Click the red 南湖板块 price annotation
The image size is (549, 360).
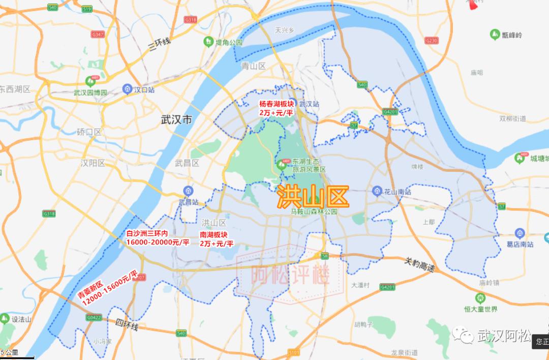(216, 239)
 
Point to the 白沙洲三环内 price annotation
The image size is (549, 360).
(157, 238)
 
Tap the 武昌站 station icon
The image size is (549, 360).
(188, 191)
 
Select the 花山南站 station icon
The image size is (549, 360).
(377, 191)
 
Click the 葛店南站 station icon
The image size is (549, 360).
(519, 233)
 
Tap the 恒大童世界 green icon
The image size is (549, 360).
(480, 297)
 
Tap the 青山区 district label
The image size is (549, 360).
(253, 66)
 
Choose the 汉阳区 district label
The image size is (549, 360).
(93, 163)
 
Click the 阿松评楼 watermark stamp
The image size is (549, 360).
(290, 275)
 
